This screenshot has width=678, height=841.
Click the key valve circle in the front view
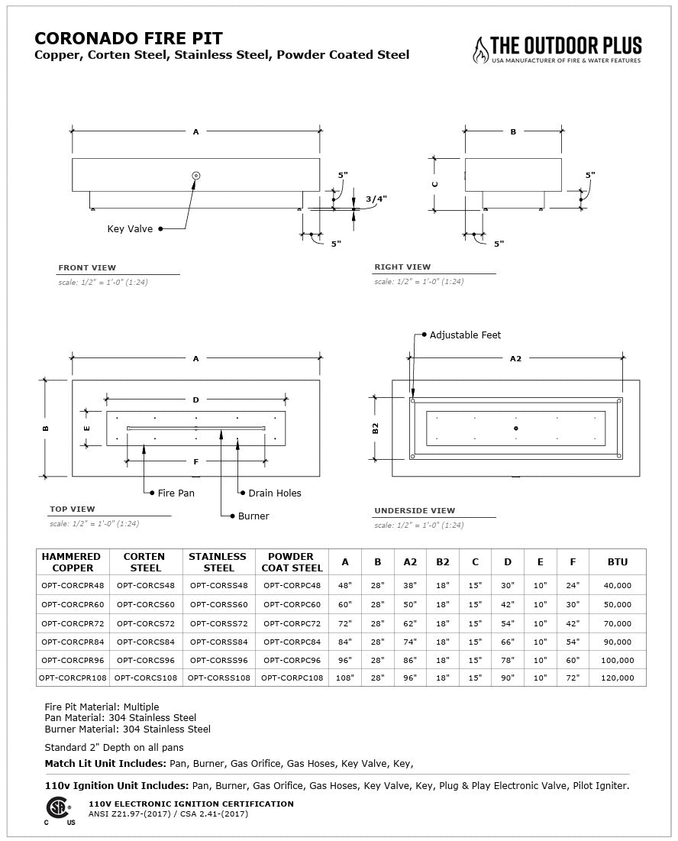pos(196,176)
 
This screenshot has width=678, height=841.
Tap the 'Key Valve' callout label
pos(130,228)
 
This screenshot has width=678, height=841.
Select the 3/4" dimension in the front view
pos(376,199)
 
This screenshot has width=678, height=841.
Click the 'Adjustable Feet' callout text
pos(465,335)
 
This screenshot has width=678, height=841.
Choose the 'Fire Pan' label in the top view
pos(176,493)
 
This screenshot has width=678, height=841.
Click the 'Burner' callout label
pos(253,516)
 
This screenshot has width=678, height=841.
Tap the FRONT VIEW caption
pos(87,268)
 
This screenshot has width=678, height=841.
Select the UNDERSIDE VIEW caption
pos(415,510)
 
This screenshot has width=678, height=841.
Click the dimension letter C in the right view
pos(435,184)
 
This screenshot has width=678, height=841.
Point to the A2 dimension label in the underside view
pos(515,358)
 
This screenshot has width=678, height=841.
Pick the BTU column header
pos(617,562)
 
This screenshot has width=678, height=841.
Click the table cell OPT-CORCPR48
pos(73,585)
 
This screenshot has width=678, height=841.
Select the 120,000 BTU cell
pos(617,678)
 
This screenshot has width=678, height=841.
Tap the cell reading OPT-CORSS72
pos(218,624)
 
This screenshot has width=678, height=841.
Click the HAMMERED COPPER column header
pos(73,562)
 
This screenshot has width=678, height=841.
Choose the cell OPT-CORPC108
pos(292,678)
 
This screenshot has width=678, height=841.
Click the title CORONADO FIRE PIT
pos(129,38)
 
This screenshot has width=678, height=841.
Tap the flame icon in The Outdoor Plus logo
pos(480,50)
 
